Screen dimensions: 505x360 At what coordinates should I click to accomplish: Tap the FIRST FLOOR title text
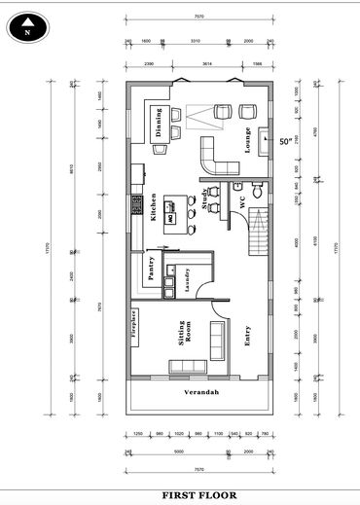198,494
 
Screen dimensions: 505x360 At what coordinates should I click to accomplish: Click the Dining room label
157,123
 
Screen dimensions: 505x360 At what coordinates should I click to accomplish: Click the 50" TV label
285,142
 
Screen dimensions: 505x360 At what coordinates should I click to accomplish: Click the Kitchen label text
154,206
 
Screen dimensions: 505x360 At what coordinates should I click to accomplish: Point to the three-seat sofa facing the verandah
187,366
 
